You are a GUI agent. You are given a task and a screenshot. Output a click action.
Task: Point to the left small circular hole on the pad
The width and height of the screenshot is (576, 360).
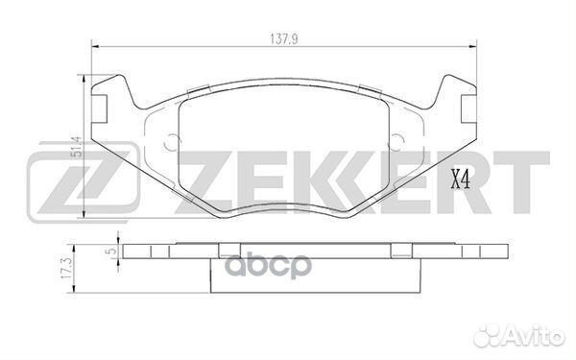[x=174, y=144]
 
